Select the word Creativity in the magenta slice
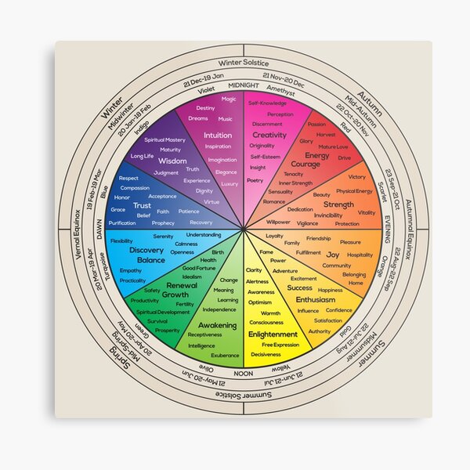tap(269, 135)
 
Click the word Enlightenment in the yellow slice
tap(273, 334)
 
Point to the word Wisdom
tap(172, 161)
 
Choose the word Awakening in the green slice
tap(217, 324)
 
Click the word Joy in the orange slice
tap(333, 255)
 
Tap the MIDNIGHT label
tap(244, 84)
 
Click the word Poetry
tap(255, 180)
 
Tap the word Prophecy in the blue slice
tap(164, 223)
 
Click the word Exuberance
tap(225, 356)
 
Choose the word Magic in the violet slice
tap(229, 99)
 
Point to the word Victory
tap(356, 177)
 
